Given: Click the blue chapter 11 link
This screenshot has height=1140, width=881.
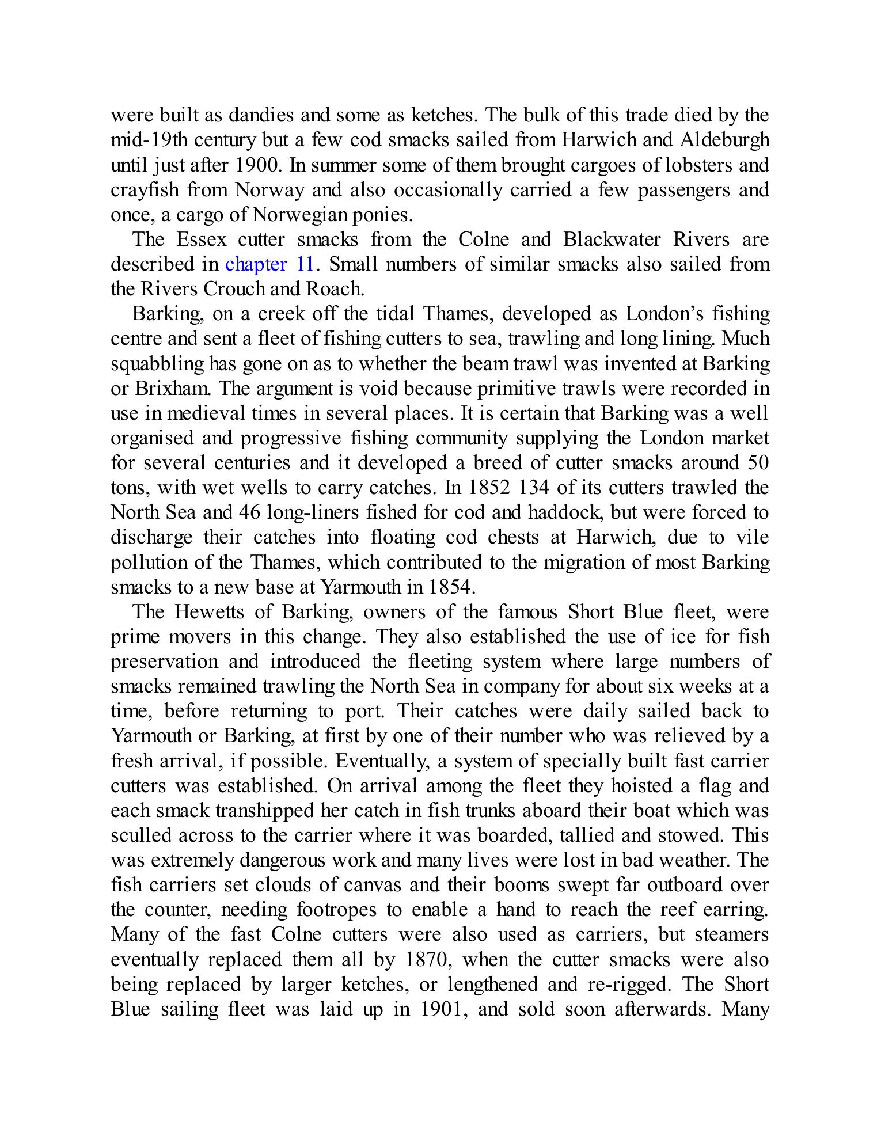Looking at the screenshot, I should tap(269, 264).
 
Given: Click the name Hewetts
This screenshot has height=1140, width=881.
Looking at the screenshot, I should tap(209, 612).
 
